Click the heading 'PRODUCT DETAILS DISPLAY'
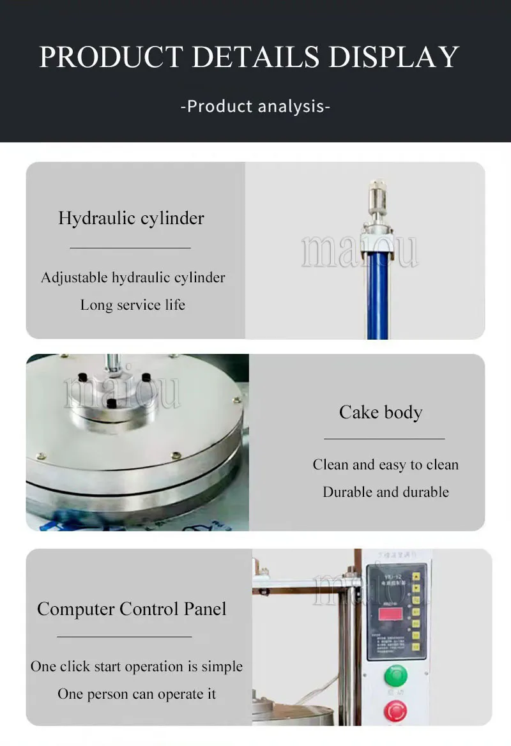(x=249, y=57)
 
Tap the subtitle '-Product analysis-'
(x=256, y=106)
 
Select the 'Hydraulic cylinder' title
(x=131, y=218)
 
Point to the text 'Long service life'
(x=133, y=305)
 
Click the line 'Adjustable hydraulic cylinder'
(x=133, y=278)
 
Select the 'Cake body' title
(x=381, y=413)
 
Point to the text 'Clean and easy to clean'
(x=386, y=465)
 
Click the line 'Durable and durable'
(x=386, y=492)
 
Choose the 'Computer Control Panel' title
(x=132, y=609)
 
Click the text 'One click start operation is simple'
(x=137, y=667)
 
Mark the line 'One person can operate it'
(x=137, y=694)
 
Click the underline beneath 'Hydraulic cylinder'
(x=130, y=247)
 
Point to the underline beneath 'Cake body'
(x=384, y=439)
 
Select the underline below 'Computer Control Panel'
(x=124, y=636)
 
